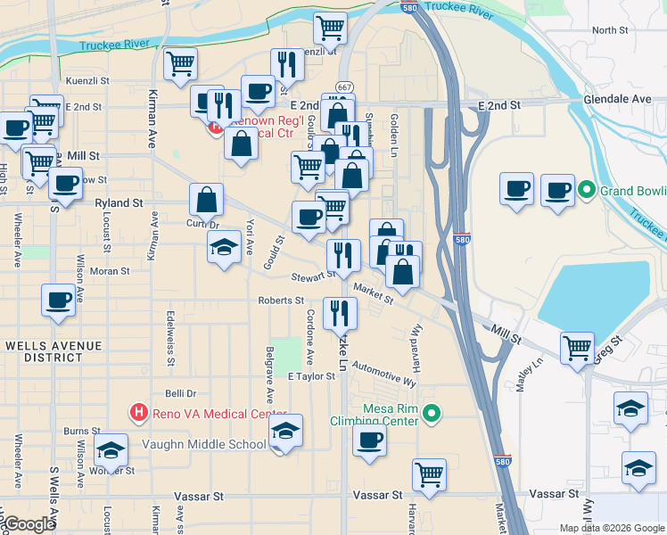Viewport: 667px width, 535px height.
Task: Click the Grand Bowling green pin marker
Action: pos(587,190)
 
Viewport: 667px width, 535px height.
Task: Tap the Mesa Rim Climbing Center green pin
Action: pos(432,413)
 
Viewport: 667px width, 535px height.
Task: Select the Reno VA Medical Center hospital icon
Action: pos(138,412)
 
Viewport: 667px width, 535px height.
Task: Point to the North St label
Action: pos(610,30)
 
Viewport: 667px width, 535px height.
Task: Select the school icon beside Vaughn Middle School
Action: pos(285,432)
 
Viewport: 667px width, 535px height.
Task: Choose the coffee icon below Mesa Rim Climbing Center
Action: pos(369,439)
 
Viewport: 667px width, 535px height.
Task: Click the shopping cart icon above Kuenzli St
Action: pos(330,28)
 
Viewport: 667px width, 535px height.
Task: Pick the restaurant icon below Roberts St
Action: pos(340,312)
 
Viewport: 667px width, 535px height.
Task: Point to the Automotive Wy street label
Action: pos(383,373)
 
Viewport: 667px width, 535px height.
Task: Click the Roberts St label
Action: pos(281,300)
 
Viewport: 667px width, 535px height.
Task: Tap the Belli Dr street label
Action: pos(180,392)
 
